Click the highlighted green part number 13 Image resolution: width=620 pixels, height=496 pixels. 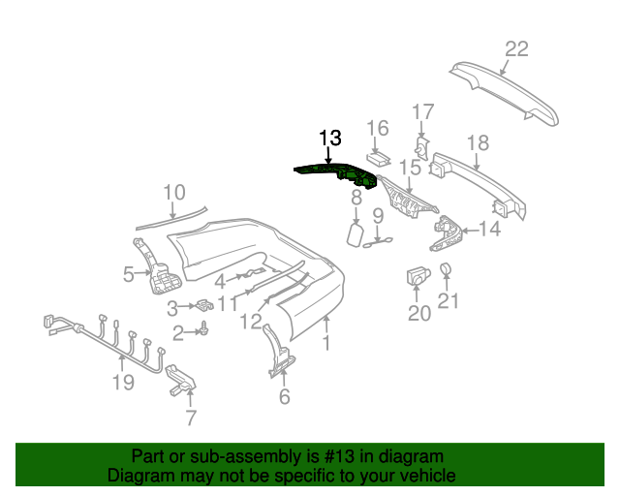point(339,174)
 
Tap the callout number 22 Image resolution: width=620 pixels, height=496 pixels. point(516,49)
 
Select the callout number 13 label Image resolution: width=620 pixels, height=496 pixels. point(329,139)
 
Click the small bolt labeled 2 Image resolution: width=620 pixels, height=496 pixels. point(206,331)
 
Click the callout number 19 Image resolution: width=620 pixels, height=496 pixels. point(122,383)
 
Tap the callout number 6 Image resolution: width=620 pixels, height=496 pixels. point(284,396)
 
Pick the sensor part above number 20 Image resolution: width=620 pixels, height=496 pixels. point(417,275)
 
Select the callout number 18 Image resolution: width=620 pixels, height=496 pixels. point(478,142)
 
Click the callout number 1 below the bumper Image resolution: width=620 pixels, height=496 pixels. point(326,343)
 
